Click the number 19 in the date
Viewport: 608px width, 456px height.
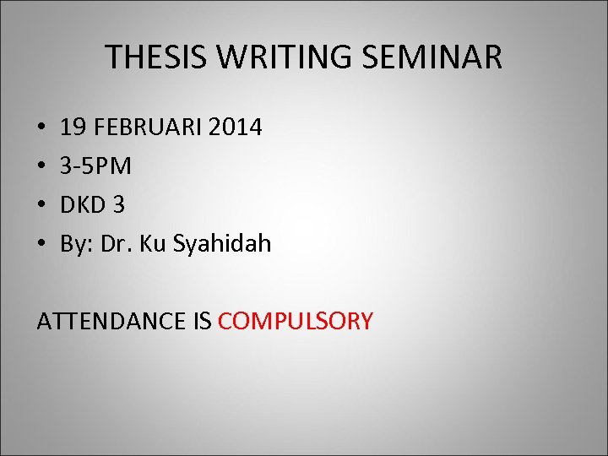(73, 128)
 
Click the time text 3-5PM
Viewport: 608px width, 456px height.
(95, 166)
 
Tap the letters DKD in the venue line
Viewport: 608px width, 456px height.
(84, 205)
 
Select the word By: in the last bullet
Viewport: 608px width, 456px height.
(77, 245)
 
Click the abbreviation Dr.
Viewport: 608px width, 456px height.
(117, 244)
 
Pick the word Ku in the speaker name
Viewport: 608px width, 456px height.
(153, 244)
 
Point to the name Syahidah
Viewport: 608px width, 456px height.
(222, 245)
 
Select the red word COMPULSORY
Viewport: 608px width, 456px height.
(295, 321)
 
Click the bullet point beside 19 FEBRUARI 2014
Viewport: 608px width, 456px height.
(41, 128)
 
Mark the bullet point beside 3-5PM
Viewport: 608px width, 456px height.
(41, 167)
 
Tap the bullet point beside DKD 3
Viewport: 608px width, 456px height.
(41, 206)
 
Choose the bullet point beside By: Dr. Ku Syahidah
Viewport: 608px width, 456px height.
(41, 245)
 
